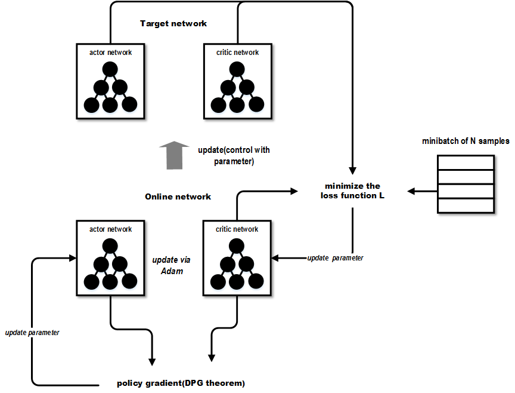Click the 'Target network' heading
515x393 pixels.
coord(173,23)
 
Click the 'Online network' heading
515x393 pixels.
coord(178,196)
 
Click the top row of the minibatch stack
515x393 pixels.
coord(466,162)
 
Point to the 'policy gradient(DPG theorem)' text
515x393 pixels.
coord(181,382)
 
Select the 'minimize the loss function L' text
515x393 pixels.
coord(352,191)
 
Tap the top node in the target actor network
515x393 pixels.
coord(110,69)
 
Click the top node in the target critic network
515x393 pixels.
coord(237,69)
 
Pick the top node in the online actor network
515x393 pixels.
coord(110,245)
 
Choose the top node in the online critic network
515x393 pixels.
coord(237,245)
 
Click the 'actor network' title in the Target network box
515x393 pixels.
coord(110,53)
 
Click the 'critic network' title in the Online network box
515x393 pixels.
coord(237,229)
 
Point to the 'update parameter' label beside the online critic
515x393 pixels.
coord(335,258)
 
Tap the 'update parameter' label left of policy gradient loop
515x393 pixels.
coord(32,332)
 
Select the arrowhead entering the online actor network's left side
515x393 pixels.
coord(73,258)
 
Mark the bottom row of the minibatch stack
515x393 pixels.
coord(466,205)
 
